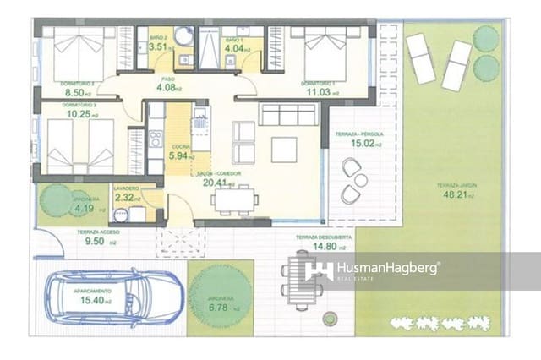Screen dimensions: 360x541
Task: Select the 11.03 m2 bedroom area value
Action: [x=322, y=92]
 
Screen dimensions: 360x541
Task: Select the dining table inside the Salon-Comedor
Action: [x=235, y=199]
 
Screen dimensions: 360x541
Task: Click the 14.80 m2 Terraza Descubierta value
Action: [x=314, y=248]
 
